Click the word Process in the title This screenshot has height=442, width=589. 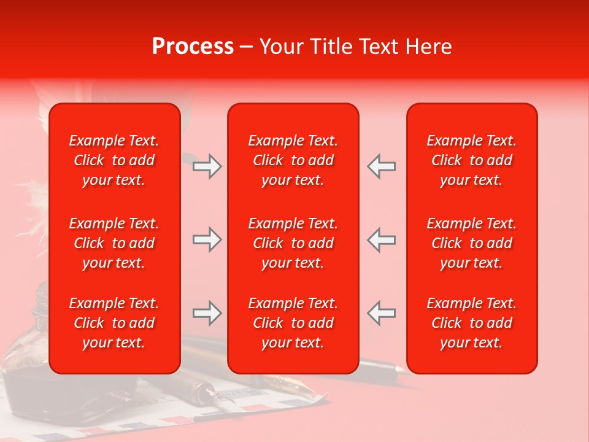(x=193, y=47)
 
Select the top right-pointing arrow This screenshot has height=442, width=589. (x=207, y=166)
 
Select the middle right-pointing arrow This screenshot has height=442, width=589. (x=207, y=239)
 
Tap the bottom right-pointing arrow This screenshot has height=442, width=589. (x=207, y=314)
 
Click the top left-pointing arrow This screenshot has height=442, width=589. (x=381, y=166)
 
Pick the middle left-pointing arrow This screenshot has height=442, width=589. (x=381, y=239)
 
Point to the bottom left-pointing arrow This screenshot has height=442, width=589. (x=381, y=312)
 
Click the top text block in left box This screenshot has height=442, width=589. (x=114, y=160)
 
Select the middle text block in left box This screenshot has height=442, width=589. (x=114, y=243)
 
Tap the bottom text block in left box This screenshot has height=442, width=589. (x=114, y=323)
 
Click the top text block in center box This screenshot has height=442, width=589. (x=293, y=160)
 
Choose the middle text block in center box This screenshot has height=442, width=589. (x=293, y=243)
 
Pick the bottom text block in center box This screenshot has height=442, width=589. (x=293, y=323)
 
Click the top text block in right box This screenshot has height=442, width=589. (x=471, y=160)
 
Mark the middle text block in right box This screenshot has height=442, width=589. (x=471, y=243)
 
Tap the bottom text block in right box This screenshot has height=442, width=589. (x=471, y=323)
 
